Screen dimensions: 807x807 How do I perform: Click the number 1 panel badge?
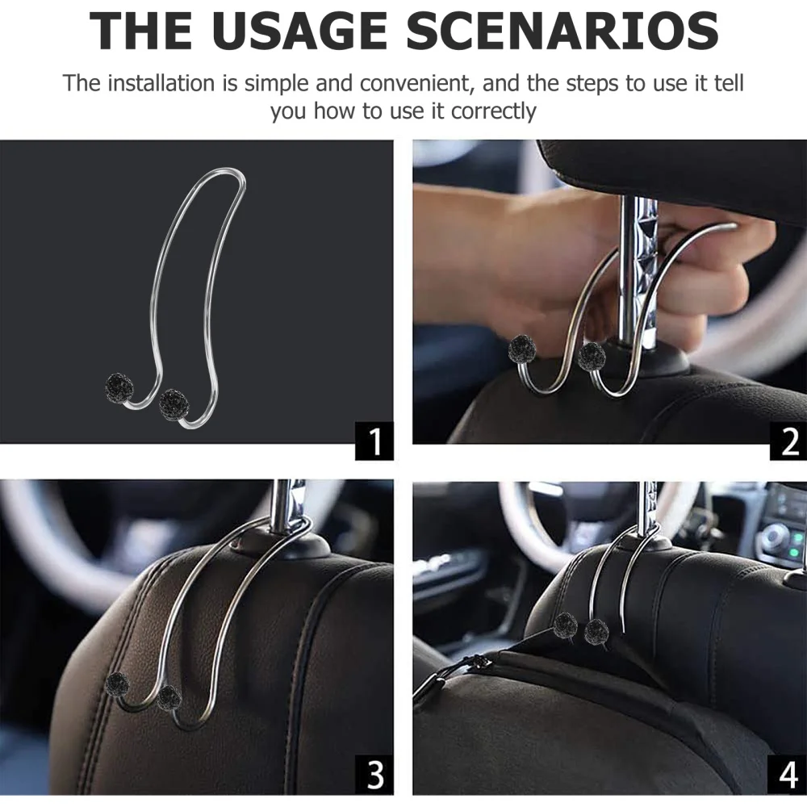[374, 441]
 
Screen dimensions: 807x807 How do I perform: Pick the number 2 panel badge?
[788, 441]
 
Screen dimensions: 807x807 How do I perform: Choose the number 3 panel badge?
[374, 775]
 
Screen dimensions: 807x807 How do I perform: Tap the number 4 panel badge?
[788, 775]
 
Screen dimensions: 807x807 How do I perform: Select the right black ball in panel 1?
[174, 403]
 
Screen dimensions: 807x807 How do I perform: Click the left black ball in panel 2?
[522, 349]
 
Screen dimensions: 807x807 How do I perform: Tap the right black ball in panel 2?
[592, 355]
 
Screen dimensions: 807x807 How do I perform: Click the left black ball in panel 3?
[117, 684]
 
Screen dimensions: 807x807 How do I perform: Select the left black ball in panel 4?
[566, 624]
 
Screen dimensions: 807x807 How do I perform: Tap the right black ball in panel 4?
[596, 631]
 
